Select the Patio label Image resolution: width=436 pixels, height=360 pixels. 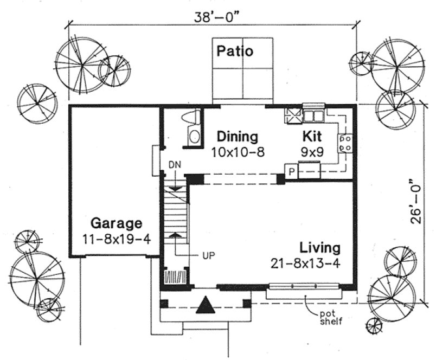pyautogui.click(x=235, y=52)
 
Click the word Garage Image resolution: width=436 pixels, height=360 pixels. pyautogui.click(x=116, y=223)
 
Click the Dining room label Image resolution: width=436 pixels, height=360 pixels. pyautogui.click(x=237, y=136)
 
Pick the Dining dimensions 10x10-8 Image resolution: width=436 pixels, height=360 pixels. pyautogui.click(x=238, y=152)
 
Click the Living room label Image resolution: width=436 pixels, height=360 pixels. pyautogui.click(x=320, y=248)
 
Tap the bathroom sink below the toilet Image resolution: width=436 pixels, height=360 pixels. pyautogui.click(x=194, y=137)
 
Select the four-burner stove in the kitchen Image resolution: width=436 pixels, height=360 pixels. pyautogui.click(x=345, y=143)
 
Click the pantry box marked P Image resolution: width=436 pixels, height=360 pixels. pyautogui.click(x=291, y=172)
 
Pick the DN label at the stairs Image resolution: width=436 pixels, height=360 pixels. pyautogui.click(x=174, y=163)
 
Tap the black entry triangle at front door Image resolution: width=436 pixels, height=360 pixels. pyautogui.click(x=205, y=306)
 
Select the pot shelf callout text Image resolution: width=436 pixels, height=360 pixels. pyautogui.click(x=330, y=316)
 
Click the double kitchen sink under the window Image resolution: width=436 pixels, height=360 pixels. pyautogui.click(x=313, y=115)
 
